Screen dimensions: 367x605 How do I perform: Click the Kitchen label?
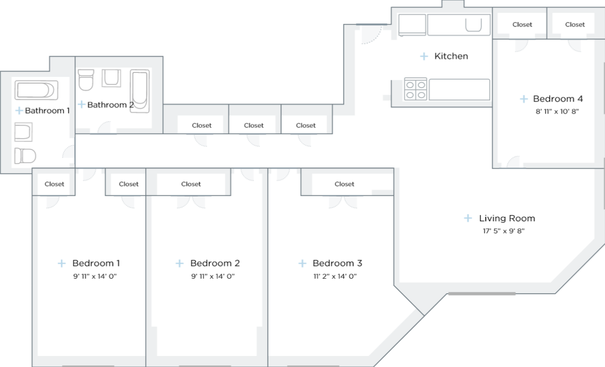pos(451,56)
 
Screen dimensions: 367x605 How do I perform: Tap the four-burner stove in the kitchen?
pos(415,89)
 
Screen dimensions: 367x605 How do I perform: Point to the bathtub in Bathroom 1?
pos(36,90)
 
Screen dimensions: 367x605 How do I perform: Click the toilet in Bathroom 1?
pos(25,156)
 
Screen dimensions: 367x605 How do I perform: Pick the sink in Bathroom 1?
pos(23,132)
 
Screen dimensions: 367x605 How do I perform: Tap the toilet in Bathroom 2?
pos(86,79)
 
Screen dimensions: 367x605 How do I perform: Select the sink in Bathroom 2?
pos(111,78)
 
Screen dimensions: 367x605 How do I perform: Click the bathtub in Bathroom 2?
pos(139,89)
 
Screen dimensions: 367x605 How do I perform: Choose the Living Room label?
pos(507,218)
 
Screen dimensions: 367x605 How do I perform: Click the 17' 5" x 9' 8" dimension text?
pos(503,231)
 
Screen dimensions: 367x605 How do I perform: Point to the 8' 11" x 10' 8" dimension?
pos(556,112)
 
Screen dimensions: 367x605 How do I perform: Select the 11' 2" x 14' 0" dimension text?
pos(335,276)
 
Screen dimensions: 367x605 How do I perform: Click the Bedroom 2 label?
pos(215,263)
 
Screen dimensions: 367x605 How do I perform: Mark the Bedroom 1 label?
pos(96,263)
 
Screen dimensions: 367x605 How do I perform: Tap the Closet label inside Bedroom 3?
pos(344,184)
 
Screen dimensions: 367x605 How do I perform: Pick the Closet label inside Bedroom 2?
pos(191,184)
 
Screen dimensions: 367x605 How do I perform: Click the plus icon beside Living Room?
pos(468,218)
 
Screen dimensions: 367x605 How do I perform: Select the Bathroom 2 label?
pos(110,105)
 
